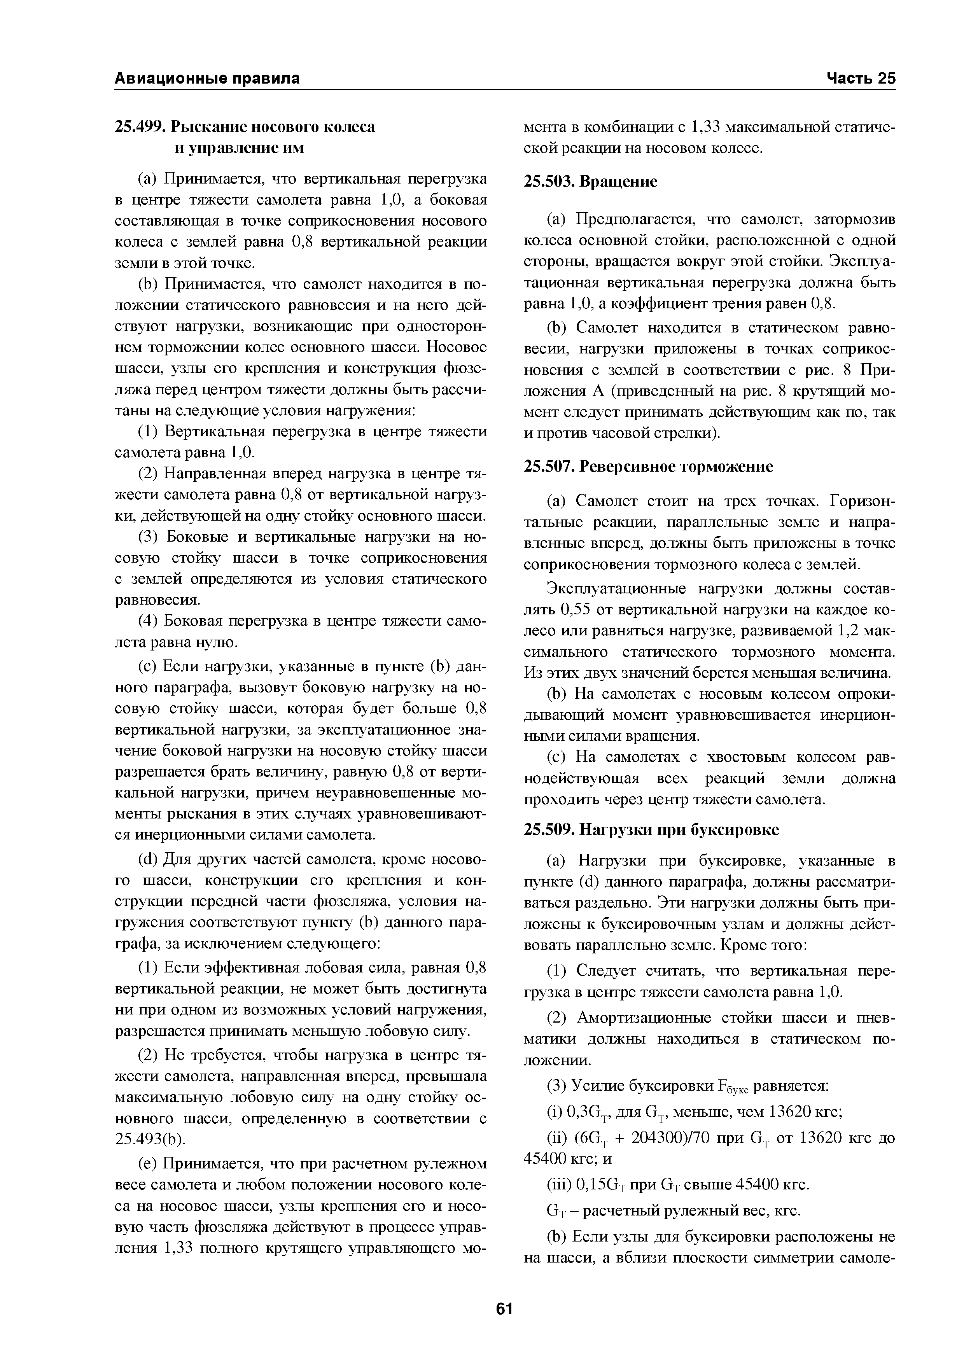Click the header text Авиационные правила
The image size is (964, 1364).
tap(207, 79)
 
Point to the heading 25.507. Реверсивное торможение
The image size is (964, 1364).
tap(649, 467)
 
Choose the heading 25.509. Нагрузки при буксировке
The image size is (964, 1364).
tap(651, 830)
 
